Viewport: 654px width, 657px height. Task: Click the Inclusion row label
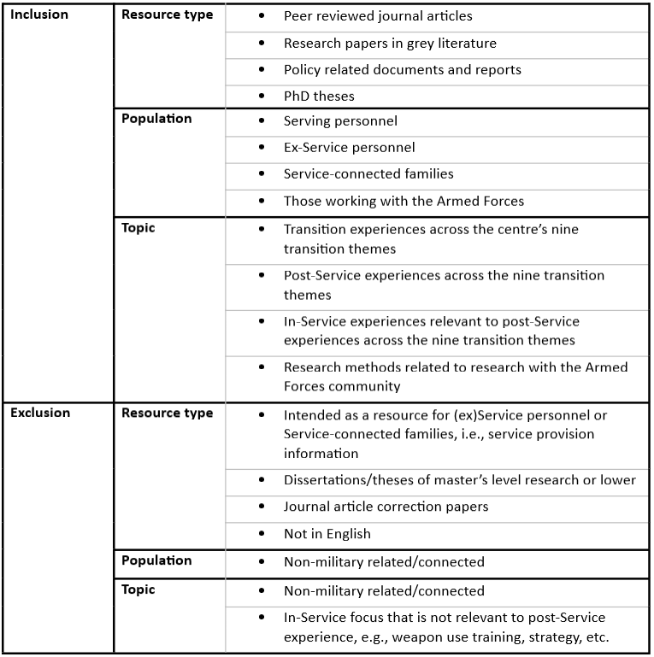click(39, 15)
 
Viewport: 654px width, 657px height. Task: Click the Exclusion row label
click(40, 413)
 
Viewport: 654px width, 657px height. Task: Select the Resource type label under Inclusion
click(168, 15)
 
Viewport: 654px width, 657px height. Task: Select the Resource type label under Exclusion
click(168, 413)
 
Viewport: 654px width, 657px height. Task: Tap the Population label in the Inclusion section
click(156, 118)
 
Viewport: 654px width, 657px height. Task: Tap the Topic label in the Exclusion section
click(138, 590)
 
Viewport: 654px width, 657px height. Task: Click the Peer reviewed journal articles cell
click(378, 16)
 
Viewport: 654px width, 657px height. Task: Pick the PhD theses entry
click(319, 96)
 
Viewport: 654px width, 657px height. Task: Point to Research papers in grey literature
click(390, 43)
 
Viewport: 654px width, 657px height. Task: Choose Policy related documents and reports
click(402, 69)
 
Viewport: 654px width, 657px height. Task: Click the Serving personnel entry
click(340, 121)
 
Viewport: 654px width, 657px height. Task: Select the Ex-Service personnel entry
click(349, 148)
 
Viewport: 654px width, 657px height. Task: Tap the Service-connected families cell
click(368, 173)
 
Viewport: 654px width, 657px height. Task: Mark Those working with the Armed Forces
click(404, 201)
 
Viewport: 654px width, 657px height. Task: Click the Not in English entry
click(327, 533)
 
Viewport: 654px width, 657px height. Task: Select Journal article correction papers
click(386, 507)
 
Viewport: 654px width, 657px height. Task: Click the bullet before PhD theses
click(262, 96)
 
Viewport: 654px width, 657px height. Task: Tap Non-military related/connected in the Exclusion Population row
click(384, 561)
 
